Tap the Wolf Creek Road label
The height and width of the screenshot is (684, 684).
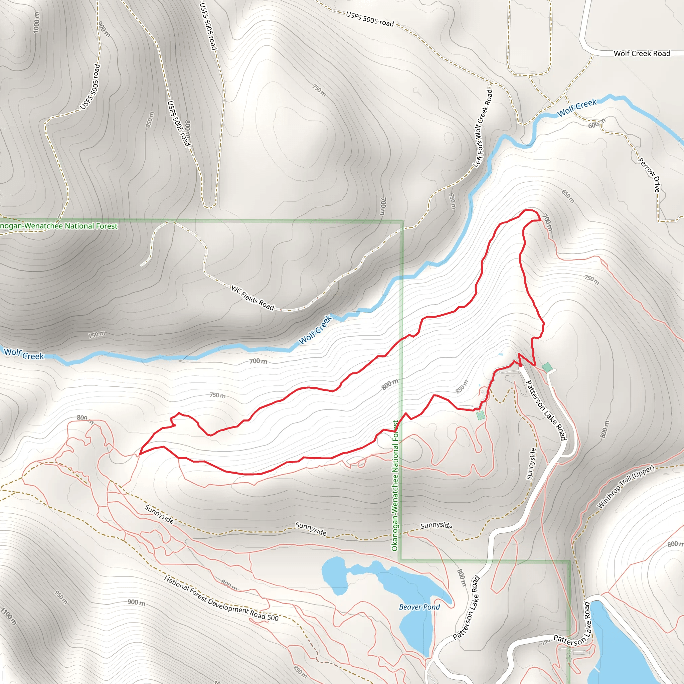642,53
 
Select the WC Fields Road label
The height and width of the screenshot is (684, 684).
252,298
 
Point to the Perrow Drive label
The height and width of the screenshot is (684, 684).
649,175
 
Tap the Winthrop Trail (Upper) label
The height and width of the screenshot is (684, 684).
626,487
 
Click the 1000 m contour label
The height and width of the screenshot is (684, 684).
36,22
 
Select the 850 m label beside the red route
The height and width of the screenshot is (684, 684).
462,387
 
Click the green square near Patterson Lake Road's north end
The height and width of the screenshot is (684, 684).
547,367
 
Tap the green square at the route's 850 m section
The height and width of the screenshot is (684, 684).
480,415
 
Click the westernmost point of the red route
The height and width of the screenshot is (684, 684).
140,454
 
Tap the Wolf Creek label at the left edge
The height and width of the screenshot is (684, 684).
24,354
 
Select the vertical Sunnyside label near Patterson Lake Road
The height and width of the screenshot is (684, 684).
531,464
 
